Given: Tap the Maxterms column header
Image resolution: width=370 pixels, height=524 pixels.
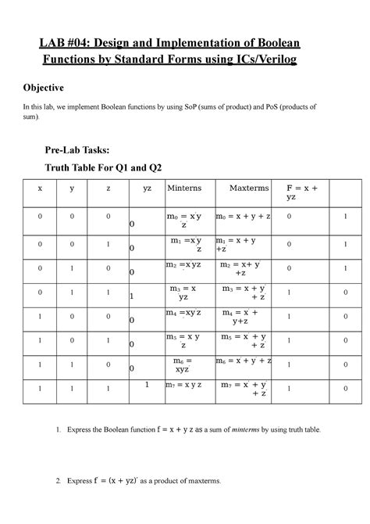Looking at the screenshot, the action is click(x=249, y=188).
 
